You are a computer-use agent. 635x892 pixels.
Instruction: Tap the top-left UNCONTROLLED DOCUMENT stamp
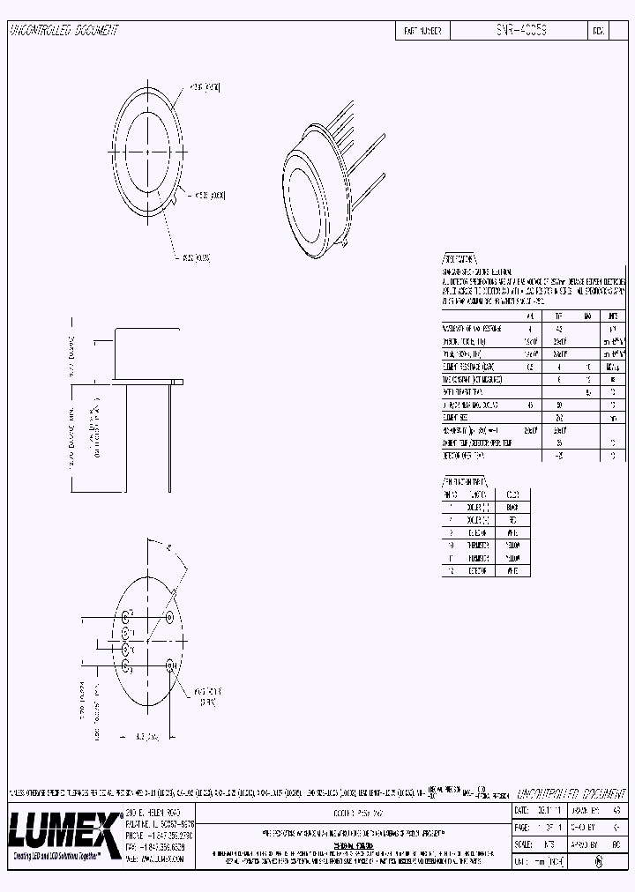click(63, 31)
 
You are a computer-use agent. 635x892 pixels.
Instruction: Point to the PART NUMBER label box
click(422, 31)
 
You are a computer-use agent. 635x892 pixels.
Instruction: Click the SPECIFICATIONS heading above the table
click(459, 260)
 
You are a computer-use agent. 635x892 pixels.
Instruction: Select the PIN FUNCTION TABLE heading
click(464, 482)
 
